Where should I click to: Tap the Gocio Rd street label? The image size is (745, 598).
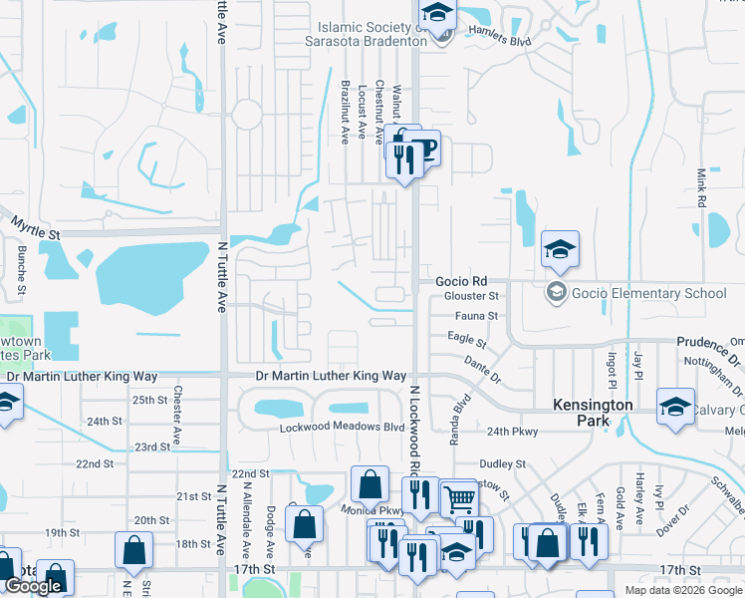(461, 282)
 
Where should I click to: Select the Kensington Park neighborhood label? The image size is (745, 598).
(593, 413)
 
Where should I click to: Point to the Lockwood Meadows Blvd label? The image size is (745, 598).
(328, 427)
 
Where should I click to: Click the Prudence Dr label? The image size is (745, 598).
(709, 341)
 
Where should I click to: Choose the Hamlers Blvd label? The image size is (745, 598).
(505, 41)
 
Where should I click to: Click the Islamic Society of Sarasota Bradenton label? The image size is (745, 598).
(377, 34)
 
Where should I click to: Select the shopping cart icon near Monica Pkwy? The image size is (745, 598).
(458, 498)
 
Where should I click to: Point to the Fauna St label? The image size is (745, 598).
(477, 316)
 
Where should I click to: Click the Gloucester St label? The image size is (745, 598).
(471, 296)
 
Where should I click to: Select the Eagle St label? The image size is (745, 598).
(467, 339)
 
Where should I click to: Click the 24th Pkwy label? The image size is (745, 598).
(514, 432)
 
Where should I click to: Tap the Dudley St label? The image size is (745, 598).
(502, 464)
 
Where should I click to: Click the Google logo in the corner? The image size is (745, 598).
(33, 586)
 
